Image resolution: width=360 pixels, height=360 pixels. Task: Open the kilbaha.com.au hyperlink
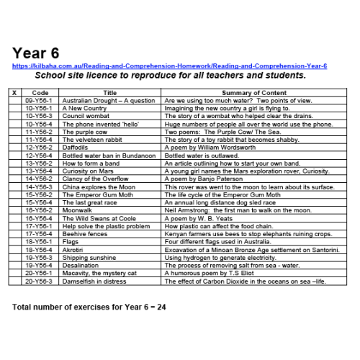click(x=169, y=66)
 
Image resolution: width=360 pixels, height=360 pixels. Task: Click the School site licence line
click(x=171, y=75)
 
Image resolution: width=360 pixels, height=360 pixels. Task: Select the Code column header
click(x=40, y=93)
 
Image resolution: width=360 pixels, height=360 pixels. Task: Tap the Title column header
click(x=109, y=93)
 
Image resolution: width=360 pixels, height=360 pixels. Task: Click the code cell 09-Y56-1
click(x=40, y=101)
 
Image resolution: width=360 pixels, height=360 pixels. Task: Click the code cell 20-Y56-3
click(x=40, y=282)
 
